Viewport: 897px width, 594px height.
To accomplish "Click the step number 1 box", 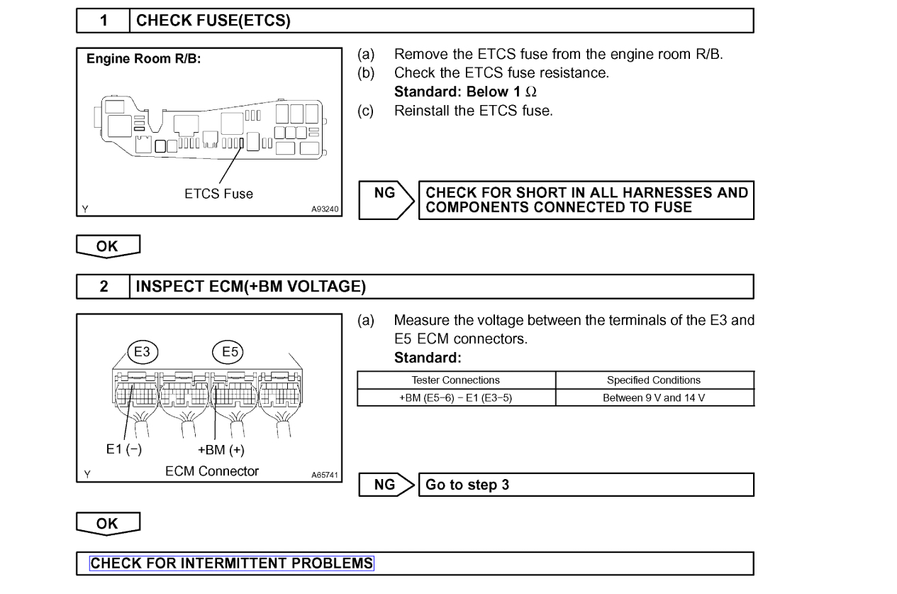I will click(x=103, y=21).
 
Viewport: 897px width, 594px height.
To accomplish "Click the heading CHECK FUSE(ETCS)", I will click(x=213, y=21).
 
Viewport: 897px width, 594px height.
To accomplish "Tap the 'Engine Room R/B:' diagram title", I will click(x=144, y=60).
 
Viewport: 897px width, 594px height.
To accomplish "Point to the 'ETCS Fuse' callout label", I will click(x=218, y=193).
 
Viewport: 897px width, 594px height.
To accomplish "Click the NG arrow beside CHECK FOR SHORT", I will click(x=388, y=199).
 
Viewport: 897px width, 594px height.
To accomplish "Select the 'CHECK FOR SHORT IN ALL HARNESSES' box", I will click(x=586, y=199).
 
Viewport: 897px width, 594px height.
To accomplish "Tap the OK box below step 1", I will click(x=108, y=246).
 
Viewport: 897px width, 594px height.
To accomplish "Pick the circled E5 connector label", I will click(x=229, y=351).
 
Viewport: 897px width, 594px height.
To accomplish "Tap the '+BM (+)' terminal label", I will click(x=222, y=450).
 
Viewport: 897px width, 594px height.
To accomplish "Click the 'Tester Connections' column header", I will click(x=456, y=380).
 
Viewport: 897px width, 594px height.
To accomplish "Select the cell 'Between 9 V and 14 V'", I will click(x=654, y=397).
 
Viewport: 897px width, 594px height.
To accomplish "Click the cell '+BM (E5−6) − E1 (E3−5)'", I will click(x=456, y=397).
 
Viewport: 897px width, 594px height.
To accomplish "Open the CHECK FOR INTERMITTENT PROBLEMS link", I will click(x=232, y=563).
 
